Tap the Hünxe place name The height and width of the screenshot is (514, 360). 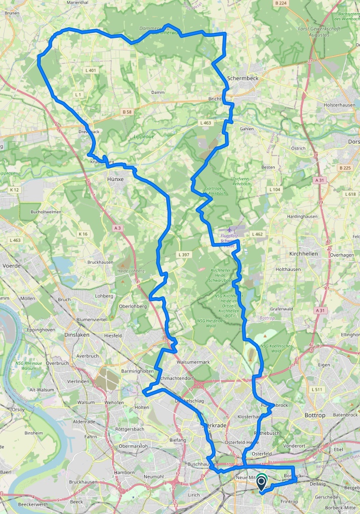click(115, 179)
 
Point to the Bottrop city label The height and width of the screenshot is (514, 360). click(316, 415)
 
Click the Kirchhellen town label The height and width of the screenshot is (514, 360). click(304, 254)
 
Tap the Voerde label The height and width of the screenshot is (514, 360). click(10, 265)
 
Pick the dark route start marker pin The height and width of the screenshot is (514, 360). click(261, 483)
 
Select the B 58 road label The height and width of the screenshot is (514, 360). click(126, 111)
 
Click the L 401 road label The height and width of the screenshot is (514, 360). click(91, 70)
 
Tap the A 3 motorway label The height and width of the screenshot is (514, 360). click(117, 229)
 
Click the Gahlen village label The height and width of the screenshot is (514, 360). click(247, 129)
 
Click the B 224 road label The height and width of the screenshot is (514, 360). click(281, 3)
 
